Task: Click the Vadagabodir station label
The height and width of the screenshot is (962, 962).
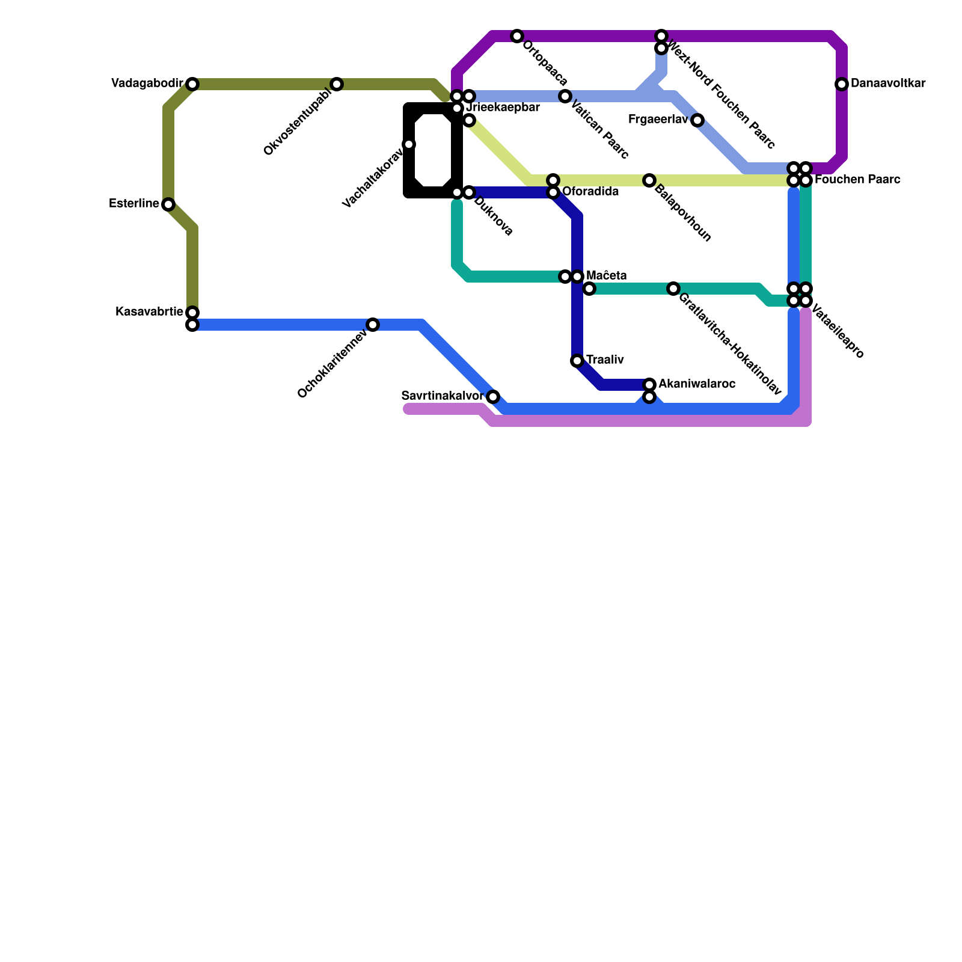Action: pos(147,84)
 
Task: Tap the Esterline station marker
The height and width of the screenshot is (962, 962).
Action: pos(168,204)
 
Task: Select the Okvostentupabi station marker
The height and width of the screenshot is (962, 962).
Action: pos(337,84)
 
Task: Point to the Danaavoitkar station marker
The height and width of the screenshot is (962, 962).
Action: pos(842,84)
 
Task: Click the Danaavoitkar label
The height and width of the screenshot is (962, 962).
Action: pos(888,84)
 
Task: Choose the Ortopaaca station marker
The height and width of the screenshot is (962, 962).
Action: pos(517,36)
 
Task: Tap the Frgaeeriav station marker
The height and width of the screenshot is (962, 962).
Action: pos(697,120)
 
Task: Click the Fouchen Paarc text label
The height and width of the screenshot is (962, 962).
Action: pos(857,180)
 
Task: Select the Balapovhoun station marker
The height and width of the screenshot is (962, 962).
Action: pos(649,180)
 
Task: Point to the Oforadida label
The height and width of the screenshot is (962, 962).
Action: pos(590,192)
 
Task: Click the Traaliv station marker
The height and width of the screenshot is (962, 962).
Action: pos(577,361)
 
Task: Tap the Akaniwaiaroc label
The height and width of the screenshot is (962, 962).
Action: pos(697,384)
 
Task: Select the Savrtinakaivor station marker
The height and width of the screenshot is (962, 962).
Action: pos(493,397)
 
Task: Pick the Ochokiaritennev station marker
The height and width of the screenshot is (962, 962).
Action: pos(373,325)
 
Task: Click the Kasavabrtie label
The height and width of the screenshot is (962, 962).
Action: pos(149,312)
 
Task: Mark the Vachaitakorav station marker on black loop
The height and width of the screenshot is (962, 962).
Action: pos(409,144)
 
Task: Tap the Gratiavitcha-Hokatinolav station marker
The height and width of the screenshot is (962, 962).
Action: pos(673,289)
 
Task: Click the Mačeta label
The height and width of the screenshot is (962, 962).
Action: pos(607,276)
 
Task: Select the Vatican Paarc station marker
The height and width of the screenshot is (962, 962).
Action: pos(565,96)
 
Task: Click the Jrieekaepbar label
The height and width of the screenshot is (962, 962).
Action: pos(503,108)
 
